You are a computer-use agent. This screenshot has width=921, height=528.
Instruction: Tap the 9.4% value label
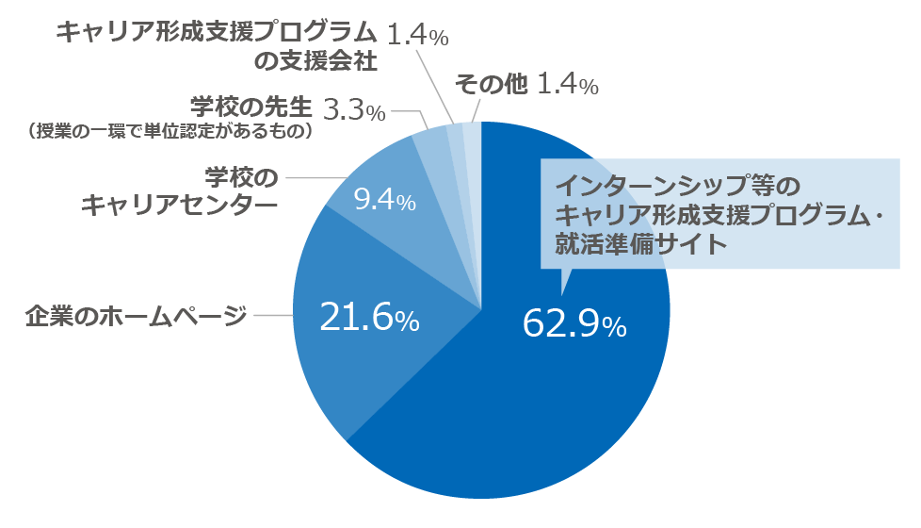click(x=383, y=201)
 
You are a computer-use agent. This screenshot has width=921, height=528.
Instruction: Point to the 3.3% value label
click(x=354, y=110)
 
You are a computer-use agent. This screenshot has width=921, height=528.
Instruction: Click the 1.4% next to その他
click(x=567, y=85)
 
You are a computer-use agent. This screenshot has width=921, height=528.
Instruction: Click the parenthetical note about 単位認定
click(x=170, y=131)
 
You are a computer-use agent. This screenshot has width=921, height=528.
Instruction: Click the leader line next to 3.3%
click(x=407, y=110)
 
